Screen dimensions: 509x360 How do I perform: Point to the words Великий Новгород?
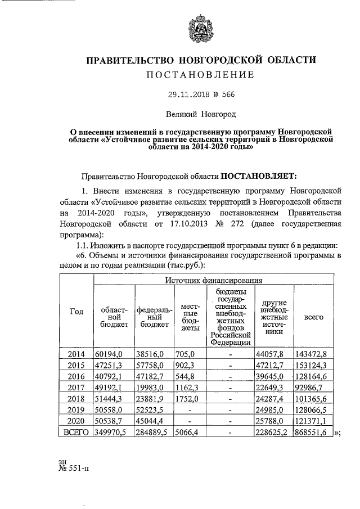pos(200,114)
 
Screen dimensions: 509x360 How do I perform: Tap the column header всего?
pos(313,317)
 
